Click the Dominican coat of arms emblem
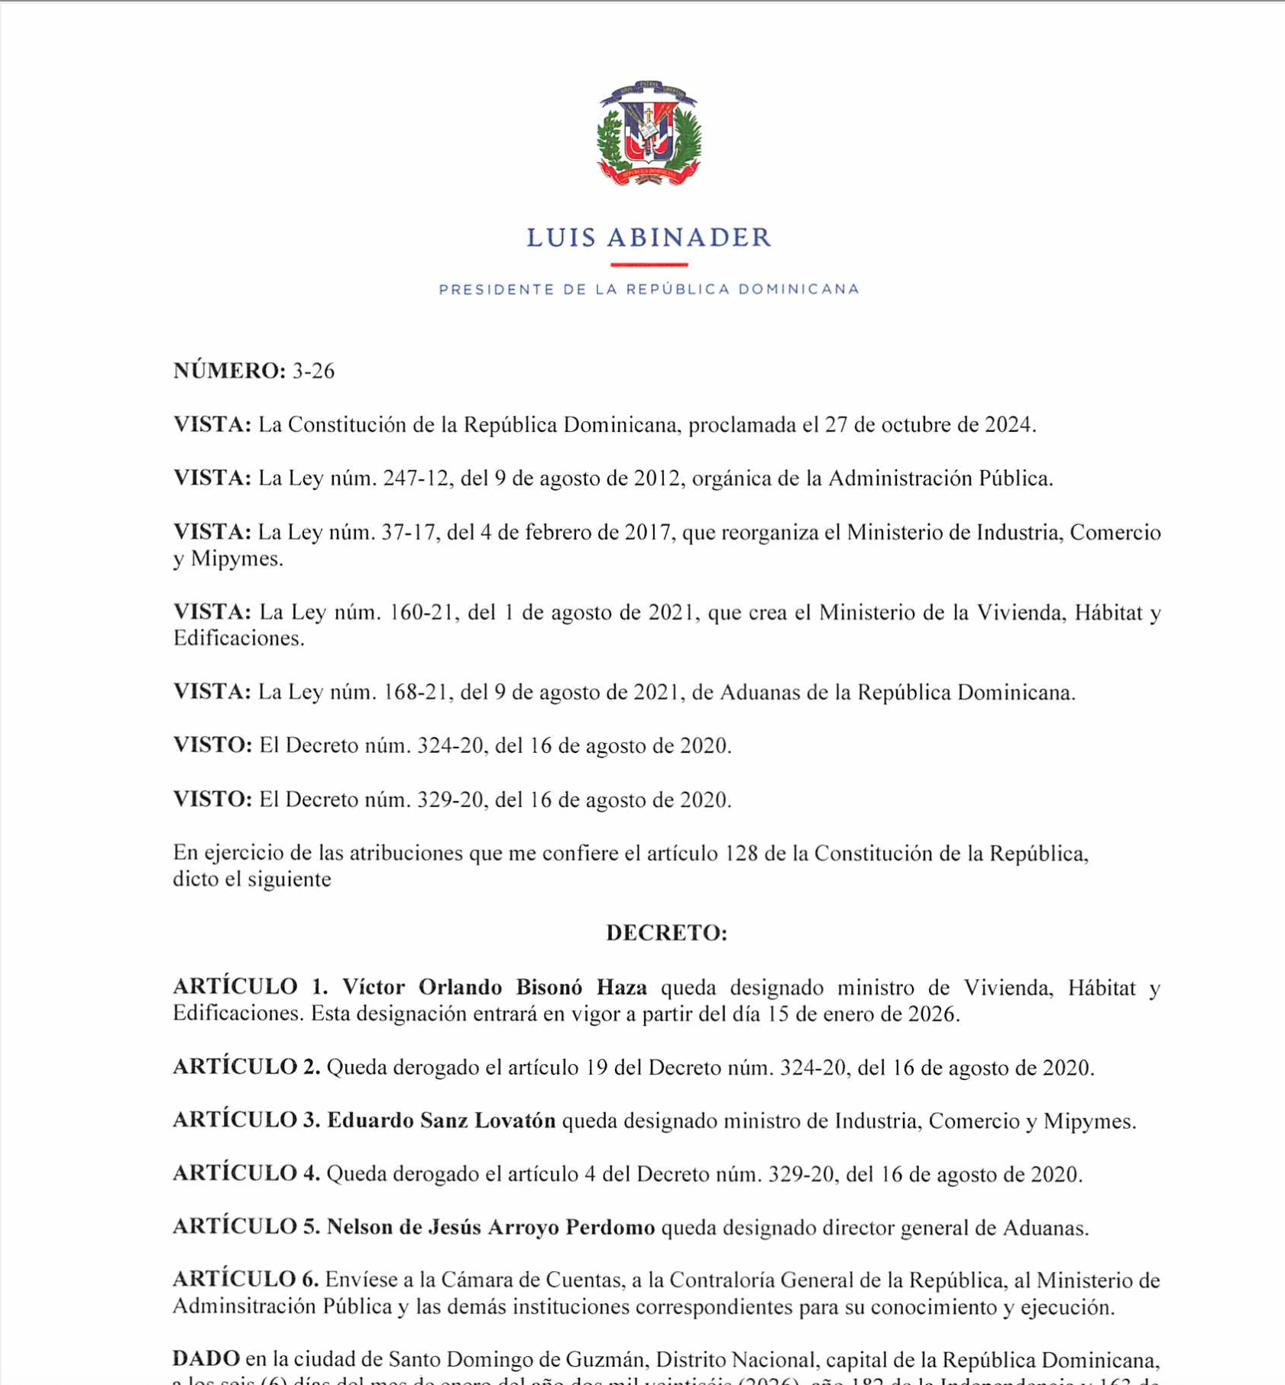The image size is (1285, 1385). pyautogui.click(x=649, y=133)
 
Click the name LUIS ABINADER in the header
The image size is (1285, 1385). pyautogui.click(x=649, y=238)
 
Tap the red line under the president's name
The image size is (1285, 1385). pyautogui.click(x=649, y=264)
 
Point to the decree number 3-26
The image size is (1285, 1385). pyautogui.click(x=313, y=371)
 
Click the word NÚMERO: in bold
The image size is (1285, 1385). pyautogui.click(x=229, y=371)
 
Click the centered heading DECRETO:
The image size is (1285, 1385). pyautogui.click(x=666, y=933)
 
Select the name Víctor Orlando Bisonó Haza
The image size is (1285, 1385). pyautogui.click(x=494, y=988)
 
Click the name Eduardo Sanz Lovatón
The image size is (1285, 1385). pyautogui.click(x=442, y=1121)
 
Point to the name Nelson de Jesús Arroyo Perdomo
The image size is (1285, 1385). pyautogui.click(x=490, y=1228)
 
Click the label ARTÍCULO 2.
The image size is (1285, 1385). pyautogui.click(x=246, y=1067)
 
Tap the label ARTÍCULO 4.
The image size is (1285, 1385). pyautogui.click(x=246, y=1174)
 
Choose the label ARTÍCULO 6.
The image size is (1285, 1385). pyautogui.click(x=245, y=1280)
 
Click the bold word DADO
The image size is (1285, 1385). pyautogui.click(x=206, y=1359)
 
